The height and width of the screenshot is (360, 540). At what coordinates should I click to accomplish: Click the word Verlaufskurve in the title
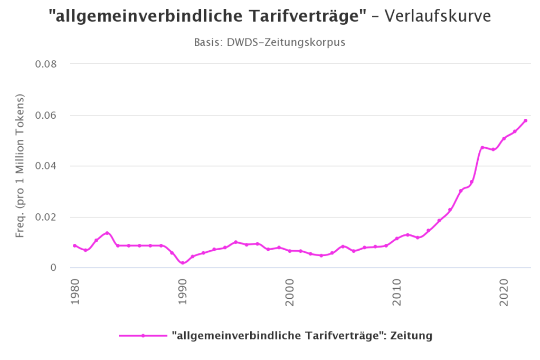coord(438,16)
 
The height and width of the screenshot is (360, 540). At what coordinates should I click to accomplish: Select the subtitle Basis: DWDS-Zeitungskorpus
coord(270,42)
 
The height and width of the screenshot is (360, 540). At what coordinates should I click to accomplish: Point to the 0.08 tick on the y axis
coord(45,64)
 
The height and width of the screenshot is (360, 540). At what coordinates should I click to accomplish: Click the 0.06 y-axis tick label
coord(45,116)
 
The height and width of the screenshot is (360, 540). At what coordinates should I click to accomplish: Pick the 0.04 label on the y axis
coord(45,166)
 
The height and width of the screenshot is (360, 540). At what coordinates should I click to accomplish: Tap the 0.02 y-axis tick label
coord(45,217)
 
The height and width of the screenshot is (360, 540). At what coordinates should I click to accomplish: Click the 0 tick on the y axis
coord(53,268)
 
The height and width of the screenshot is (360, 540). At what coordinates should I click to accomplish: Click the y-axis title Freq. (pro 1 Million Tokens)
coord(20,166)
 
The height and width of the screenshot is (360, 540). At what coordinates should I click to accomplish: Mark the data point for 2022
coord(525,120)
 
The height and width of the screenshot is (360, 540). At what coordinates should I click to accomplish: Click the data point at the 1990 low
coord(182,263)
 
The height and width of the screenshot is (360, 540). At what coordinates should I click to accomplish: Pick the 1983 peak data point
coord(107,233)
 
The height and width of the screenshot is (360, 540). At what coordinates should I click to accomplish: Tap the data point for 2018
coord(482,147)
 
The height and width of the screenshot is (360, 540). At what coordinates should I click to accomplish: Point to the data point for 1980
coord(75,245)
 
